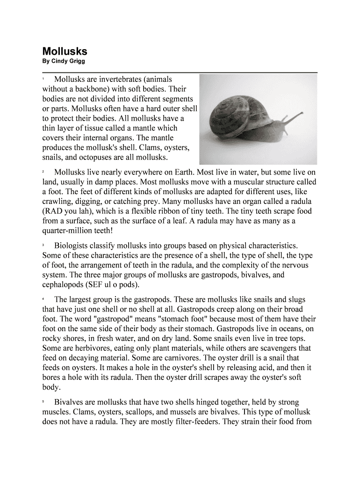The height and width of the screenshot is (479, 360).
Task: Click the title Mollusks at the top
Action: tap(65, 51)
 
